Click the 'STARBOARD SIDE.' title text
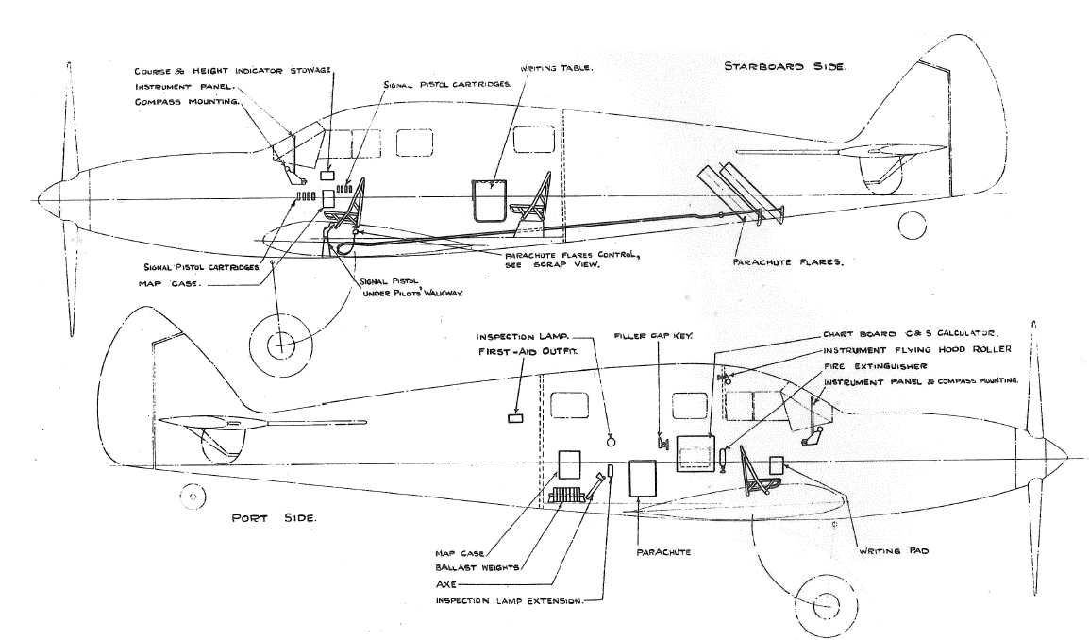point(784,67)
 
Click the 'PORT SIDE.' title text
point(274,518)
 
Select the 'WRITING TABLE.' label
point(556,69)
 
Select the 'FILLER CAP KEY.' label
point(650,335)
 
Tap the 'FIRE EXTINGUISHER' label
point(875,365)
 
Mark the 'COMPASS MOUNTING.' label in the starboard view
point(188,101)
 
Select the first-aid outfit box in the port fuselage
point(516,418)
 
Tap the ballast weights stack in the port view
point(568,496)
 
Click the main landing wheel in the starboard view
point(280,346)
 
